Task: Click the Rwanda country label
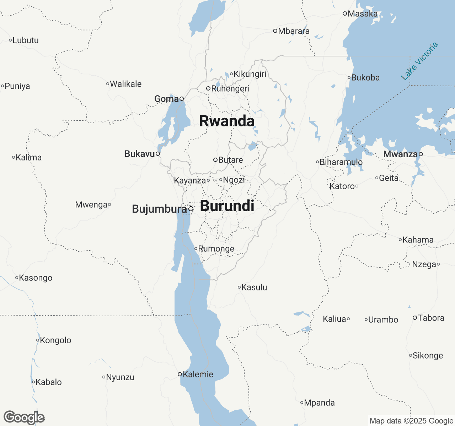[227, 121]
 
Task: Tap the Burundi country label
[227, 206]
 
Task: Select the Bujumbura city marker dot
[191, 209]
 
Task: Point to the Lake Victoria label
[419, 61]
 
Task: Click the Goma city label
[166, 99]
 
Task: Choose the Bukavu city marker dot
[158, 154]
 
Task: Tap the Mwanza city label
[400, 154]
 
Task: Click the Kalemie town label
[198, 374]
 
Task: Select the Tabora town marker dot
[415, 318]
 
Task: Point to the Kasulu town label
[254, 287]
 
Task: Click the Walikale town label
[126, 84]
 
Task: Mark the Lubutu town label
[26, 40]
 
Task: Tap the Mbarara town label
[294, 31]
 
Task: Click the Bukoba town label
[365, 78]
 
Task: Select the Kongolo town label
[55, 340]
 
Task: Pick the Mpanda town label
[320, 403]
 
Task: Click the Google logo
[24, 418]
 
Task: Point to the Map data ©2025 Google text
[411, 421]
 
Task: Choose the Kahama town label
[418, 240]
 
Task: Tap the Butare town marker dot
[215, 160]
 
